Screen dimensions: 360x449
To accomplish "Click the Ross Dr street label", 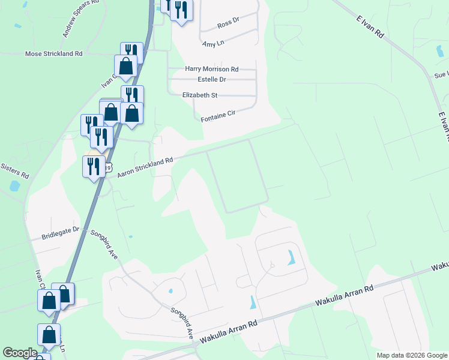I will click(x=228, y=22).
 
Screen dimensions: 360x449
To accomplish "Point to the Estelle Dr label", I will click(x=211, y=79).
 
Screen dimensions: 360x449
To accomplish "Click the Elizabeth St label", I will click(x=200, y=95).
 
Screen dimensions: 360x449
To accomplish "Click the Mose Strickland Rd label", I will click(x=53, y=53).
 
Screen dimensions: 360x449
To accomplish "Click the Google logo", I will click(x=20, y=353).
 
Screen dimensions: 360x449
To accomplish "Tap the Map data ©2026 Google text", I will click(x=412, y=355).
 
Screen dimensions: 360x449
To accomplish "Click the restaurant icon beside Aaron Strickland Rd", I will click(x=93, y=165).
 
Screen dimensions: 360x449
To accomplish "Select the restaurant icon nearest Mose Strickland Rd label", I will click(x=131, y=52).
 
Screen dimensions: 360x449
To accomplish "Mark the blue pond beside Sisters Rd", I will click(x=13, y=187).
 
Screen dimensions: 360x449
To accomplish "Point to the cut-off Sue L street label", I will click(x=441, y=76).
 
